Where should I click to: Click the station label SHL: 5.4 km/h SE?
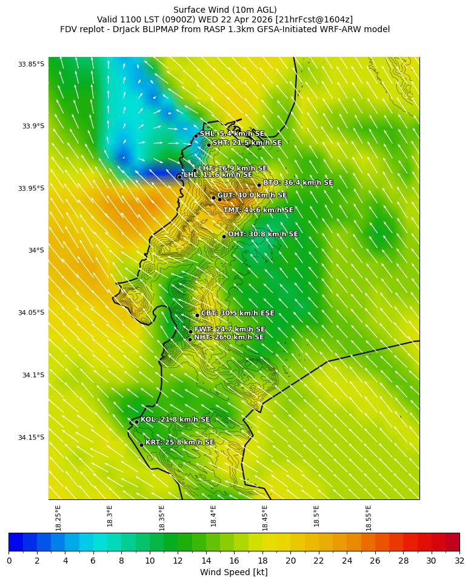232,133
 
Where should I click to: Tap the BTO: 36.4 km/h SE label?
298,182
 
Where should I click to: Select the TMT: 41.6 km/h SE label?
258,210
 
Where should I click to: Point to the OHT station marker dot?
224,236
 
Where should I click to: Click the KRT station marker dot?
141,445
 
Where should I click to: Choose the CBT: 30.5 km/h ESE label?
238,313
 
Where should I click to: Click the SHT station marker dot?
209,145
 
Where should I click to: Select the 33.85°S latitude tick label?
32,64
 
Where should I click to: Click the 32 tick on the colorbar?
459,561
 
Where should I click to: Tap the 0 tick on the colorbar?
9,561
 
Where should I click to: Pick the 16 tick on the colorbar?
234,561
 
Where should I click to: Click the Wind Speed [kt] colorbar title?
233,572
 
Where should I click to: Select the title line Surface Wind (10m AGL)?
225,10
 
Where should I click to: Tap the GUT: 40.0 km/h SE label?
252,195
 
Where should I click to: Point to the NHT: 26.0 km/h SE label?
229,337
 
